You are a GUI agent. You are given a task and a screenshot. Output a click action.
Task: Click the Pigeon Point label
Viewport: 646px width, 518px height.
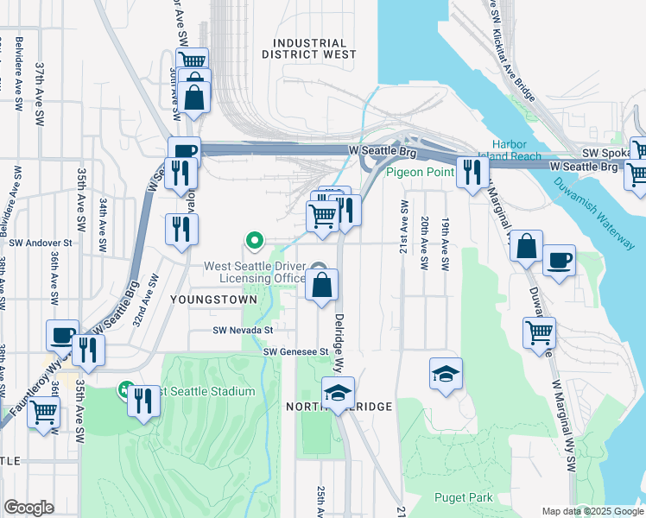pyautogui.click(x=420, y=172)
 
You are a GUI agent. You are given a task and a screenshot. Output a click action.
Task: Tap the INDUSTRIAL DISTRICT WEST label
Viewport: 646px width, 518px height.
pyautogui.click(x=309, y=48)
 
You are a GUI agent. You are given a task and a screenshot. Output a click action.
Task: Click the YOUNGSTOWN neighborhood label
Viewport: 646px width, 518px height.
pyautogui.click(x=214, y=300)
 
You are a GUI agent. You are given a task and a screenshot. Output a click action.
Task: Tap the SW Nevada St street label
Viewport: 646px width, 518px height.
pyautogui.click(x=244, y=330)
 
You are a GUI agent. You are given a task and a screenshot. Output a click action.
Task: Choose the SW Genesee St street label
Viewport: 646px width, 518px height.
pyautogui.click(x=296, y=351)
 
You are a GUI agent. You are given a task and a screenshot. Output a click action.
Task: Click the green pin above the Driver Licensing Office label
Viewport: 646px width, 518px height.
pyautogui.click(x=254, y=239)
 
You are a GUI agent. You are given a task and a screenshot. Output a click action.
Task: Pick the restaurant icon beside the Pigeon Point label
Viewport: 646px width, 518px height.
pyautogui.click(x=471, y=172)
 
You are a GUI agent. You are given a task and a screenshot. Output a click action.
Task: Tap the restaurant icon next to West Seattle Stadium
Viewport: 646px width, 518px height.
pyautogui.click(x=143, y=400)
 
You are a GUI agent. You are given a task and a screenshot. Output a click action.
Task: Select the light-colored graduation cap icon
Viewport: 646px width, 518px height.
pyautogui.click(x=446, y=374)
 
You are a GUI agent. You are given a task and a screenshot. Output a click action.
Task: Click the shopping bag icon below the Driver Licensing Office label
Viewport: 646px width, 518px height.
pyautogui.click(x=321, y=285)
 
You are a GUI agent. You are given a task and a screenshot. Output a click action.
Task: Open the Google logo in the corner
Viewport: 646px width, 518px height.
pyautogui.click(x=28, y=508)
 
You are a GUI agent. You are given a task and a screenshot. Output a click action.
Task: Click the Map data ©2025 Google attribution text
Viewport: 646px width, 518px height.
pyautogui.click(x=591, y=511)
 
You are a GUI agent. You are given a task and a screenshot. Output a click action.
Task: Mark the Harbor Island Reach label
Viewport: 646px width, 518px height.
pyautogui.click(x=516, y=150)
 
